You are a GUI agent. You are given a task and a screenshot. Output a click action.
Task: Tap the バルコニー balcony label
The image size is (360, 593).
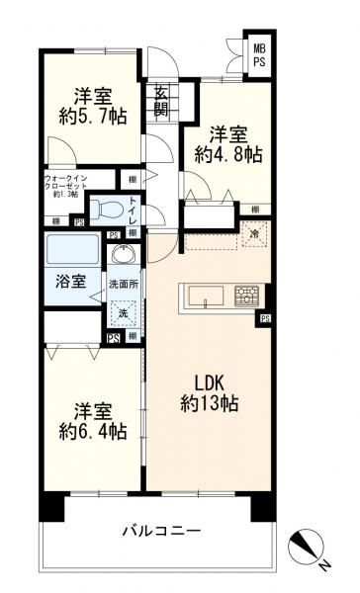click(x=161, y=531)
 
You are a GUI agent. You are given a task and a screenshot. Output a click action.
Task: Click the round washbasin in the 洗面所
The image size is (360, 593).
click(x=123, y=256)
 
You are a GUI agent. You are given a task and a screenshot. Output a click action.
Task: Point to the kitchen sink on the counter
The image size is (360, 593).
click(x=205, y=295)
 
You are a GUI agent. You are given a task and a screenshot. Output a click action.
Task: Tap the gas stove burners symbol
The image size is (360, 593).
click(x=246, y=295)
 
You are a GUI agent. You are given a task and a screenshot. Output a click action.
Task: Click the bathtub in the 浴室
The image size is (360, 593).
click(x=71, y=252)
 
